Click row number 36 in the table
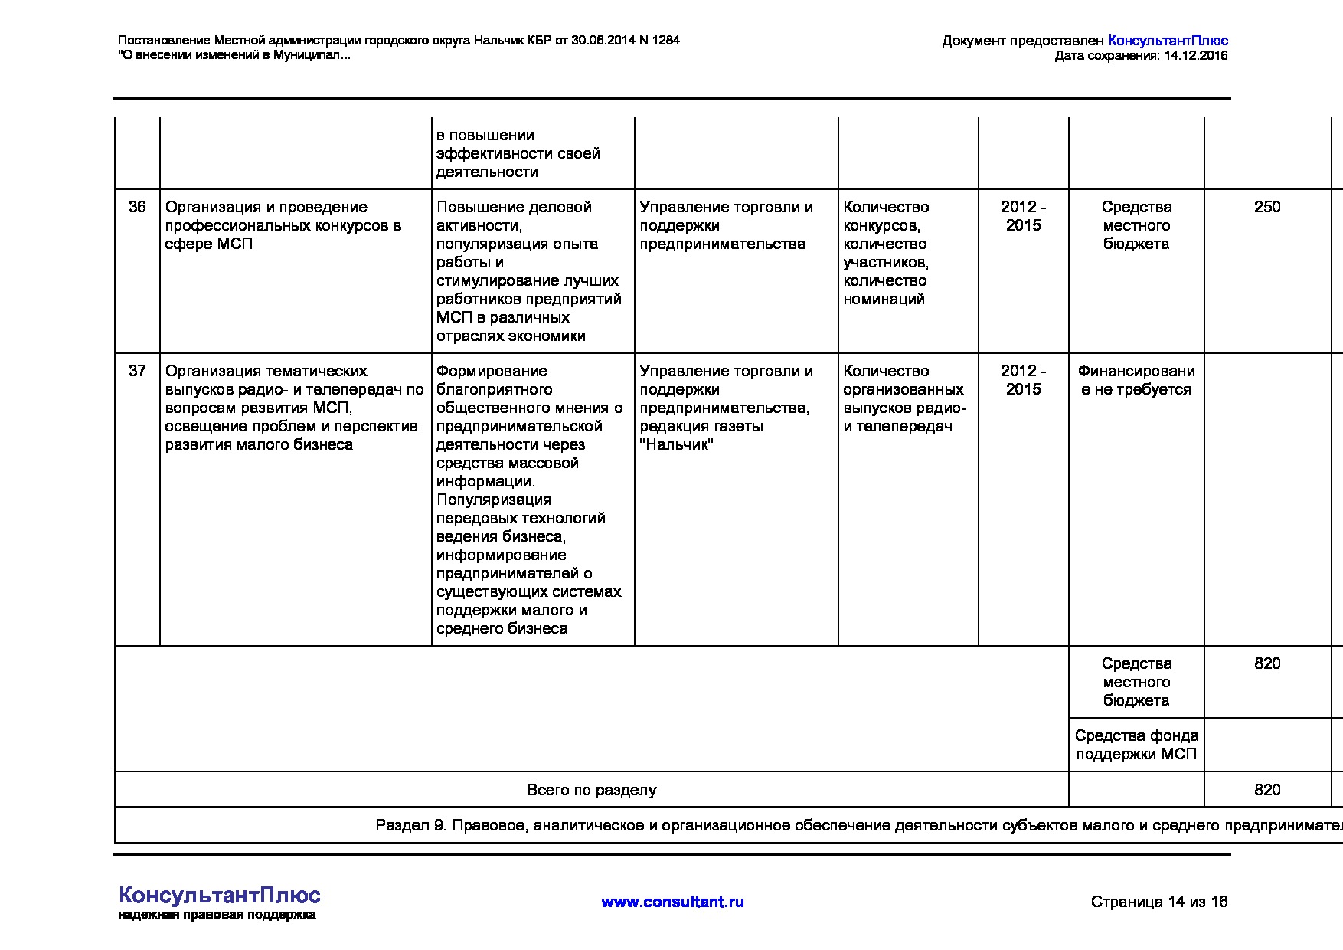137,207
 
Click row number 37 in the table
137,371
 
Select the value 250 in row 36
1267,207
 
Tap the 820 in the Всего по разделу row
1267,790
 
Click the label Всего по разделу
591,790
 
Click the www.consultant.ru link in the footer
672,902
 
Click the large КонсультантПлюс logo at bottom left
220,895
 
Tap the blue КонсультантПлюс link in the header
1168,41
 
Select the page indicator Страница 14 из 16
1158,902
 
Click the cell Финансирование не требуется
1136,380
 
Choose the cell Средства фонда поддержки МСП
1136,745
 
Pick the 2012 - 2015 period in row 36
1023,216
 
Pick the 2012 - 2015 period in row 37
1023,380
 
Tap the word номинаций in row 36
884,300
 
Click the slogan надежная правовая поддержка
217,915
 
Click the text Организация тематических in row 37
266,371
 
